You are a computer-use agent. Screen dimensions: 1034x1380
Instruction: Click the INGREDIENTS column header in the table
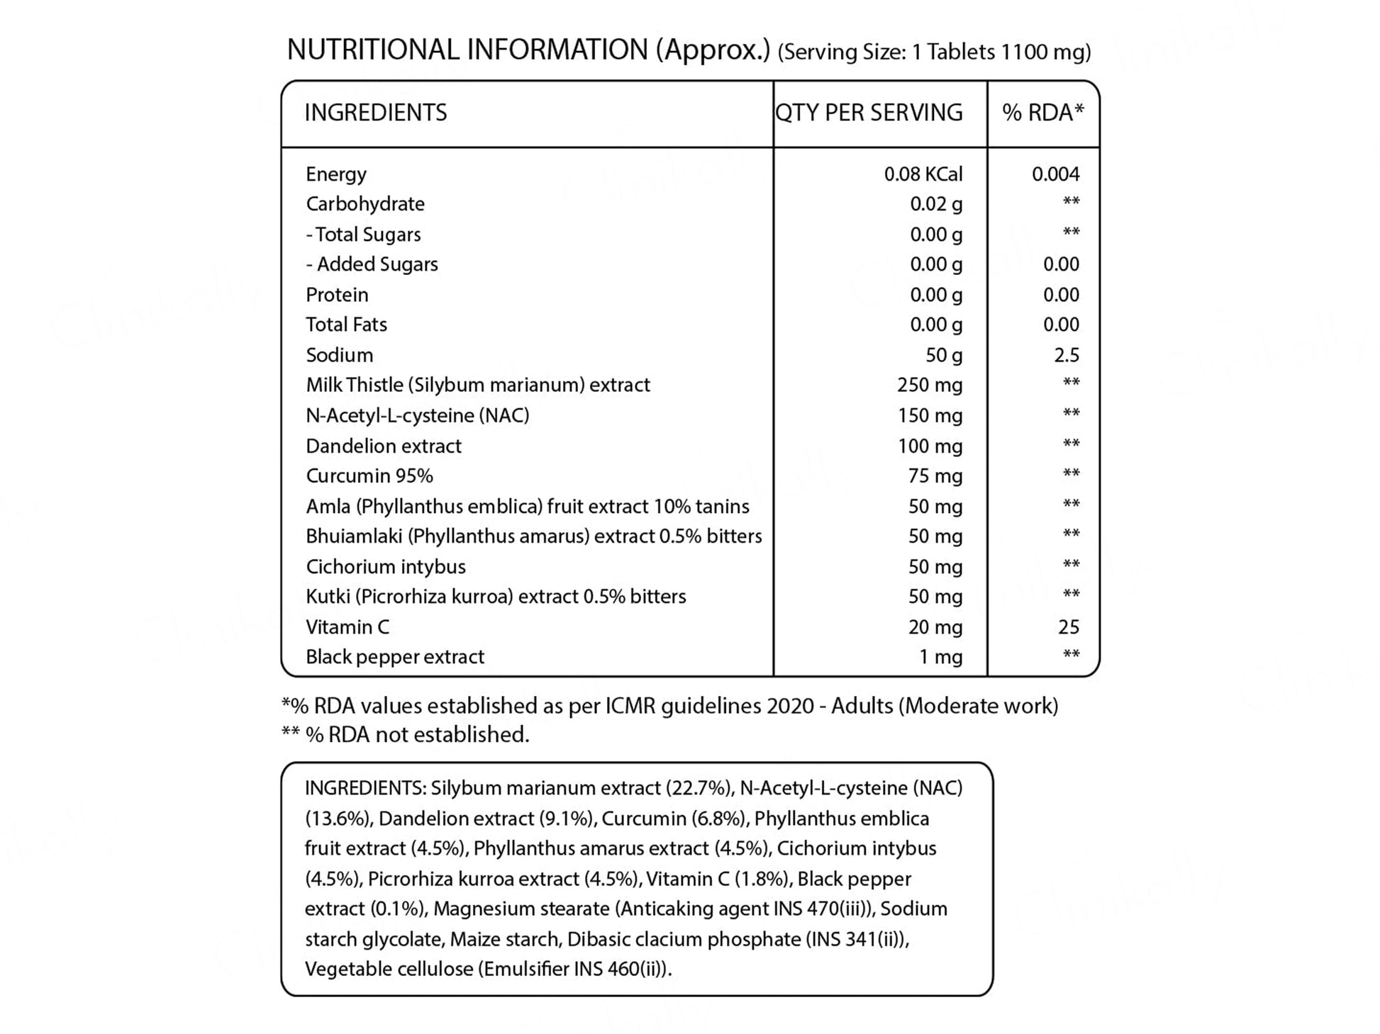(375, 113)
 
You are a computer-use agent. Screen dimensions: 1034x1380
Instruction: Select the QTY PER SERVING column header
(869, 113)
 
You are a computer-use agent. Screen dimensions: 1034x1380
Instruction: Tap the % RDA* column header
(1042, 113)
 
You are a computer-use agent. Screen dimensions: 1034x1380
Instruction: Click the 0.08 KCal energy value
(923, 174)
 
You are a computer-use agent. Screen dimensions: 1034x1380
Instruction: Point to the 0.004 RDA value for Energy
(1055, 174)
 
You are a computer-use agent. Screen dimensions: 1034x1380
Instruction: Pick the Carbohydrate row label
(365, 204)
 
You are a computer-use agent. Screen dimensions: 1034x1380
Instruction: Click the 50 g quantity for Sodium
(944, 355)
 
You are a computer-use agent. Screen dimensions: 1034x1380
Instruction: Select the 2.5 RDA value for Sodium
(1067, 355)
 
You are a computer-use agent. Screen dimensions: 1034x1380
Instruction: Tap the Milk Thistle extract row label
(477, 385)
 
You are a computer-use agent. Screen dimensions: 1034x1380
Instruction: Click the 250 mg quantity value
(929, 385)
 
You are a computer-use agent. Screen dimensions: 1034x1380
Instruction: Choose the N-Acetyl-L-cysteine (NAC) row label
(417, 415)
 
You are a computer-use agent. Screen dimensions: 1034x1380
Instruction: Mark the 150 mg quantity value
(930, 415)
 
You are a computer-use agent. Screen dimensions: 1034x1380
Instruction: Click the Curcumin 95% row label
(369, 476)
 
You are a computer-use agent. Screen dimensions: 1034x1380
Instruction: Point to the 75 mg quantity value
(935, 476)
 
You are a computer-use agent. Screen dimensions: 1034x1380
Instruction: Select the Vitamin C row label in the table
(347, 627)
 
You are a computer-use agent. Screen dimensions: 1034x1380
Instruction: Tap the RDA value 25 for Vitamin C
(1068, 627)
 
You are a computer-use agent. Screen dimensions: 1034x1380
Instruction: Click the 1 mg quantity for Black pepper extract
(940, 657)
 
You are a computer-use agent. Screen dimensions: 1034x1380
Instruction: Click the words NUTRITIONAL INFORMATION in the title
(467, 50)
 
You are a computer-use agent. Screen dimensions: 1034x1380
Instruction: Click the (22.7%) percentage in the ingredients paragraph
(699, 788)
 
